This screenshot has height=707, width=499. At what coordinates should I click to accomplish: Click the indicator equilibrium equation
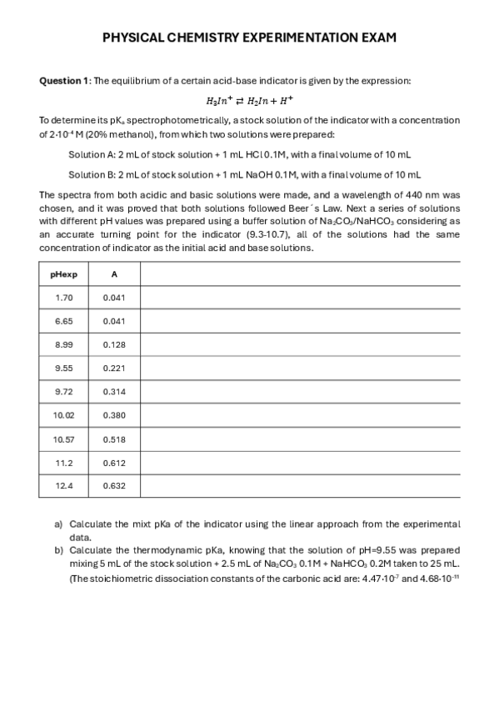point(249,101)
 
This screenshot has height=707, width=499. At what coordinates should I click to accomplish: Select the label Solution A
point(92,154)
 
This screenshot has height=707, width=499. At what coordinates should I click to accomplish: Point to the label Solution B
point(92,175)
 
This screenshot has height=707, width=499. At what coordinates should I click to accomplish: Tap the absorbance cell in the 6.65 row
point(114,321)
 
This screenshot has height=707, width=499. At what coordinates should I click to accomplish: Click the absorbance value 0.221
point(114,368)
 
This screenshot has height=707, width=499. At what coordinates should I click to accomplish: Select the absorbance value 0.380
point(114,414)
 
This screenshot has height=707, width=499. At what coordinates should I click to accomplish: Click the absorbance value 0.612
point(114,462)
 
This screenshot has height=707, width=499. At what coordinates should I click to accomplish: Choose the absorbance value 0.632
point(114,485)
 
